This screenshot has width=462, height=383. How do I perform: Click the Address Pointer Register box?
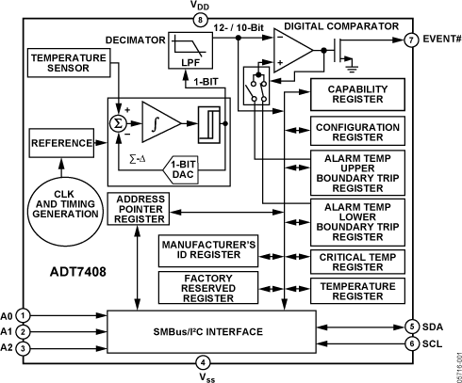(x=139, y=209)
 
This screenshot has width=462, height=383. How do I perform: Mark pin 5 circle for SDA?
(x=411, y=327)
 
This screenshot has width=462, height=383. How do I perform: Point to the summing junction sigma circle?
(x=120, y=121)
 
